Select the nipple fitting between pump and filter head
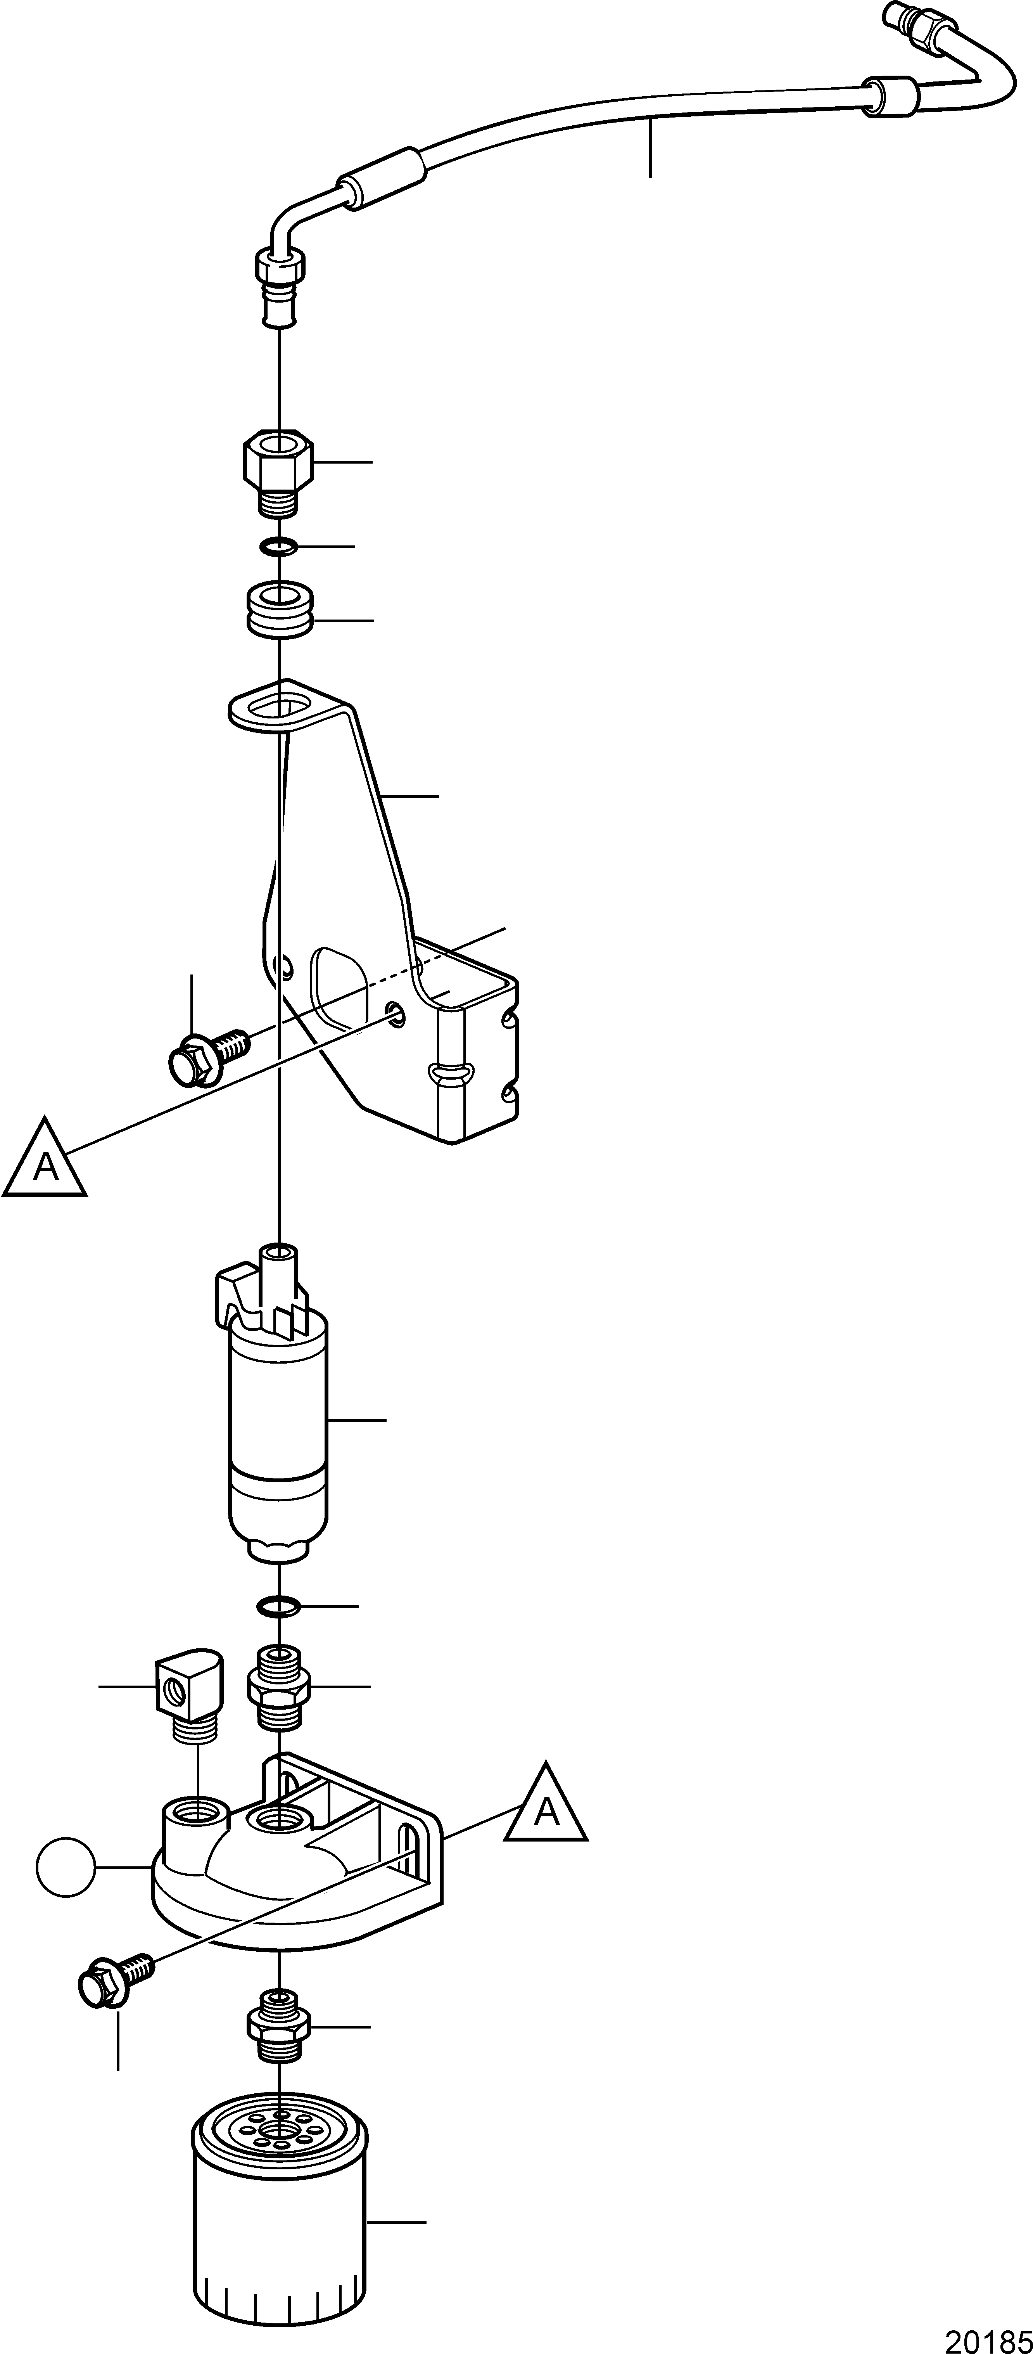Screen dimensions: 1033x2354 point(278,1686)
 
